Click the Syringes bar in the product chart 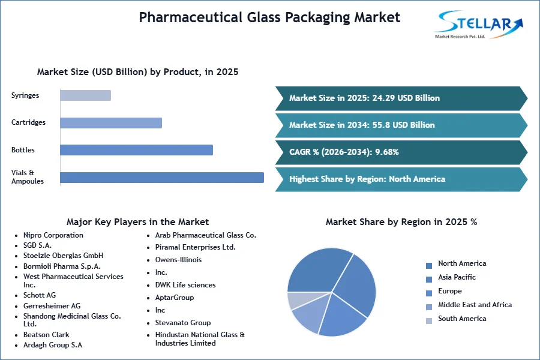click(85, 95)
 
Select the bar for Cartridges click(111, 123)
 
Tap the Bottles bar click(136, 150)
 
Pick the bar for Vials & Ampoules click(162, 178)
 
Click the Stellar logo click(479, 24)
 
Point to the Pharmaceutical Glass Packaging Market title click(269, 17)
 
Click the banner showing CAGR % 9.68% click(401, 152)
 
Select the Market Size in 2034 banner click(401, 125)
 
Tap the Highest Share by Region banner click(401, 179)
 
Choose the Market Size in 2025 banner click(401, 98)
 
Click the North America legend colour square click(429, 266)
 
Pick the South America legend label click(462, 319)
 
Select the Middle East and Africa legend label click(475, 305)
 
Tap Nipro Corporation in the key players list click(53, 235)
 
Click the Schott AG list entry click(39, 295)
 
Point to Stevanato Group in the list click(183, 323)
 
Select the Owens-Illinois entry click(178, 260)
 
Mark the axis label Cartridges click(28, 122)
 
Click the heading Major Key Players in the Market click(138, 222)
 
